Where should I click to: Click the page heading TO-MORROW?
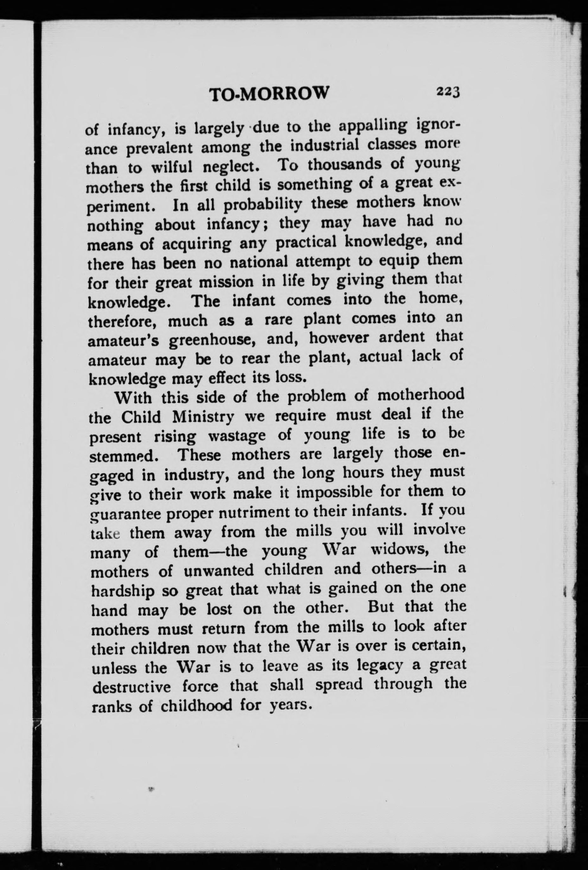click(x=269, y=94)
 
